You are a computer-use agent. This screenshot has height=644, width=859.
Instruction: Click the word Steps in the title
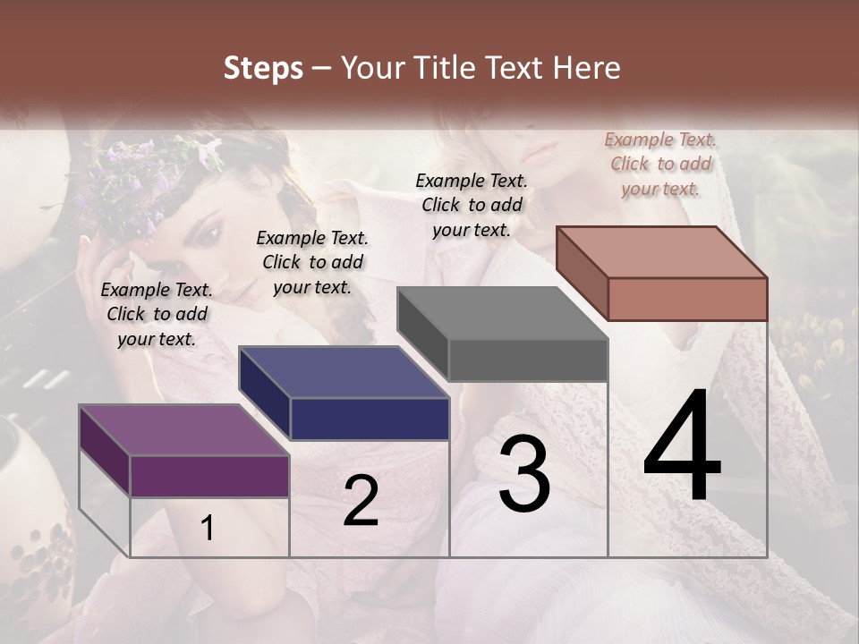point(263,68)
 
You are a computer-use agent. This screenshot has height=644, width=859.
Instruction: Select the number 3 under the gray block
point(524,474)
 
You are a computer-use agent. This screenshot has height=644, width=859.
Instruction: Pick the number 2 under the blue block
point(361,501)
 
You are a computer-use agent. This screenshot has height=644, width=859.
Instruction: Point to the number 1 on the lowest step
point(208,529)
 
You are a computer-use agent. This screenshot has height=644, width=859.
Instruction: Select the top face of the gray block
point(502,313)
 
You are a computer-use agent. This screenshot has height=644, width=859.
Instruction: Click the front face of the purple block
point(209,476)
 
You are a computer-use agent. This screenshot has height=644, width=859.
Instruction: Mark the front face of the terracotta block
point(687,299)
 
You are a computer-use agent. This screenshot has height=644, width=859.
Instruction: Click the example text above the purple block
point(157,314)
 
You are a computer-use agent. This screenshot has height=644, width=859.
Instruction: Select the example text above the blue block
point(312,262)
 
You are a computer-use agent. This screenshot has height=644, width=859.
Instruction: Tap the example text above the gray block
point(472,205)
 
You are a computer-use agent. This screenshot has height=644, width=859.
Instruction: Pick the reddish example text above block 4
point(660,164)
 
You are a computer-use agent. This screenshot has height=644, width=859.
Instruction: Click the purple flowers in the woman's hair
point(134,179)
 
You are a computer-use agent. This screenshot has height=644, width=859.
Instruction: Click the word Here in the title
point(587,68)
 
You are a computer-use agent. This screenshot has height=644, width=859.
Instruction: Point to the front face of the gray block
point(528,360)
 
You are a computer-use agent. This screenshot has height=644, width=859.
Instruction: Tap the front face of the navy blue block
point(370,419)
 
